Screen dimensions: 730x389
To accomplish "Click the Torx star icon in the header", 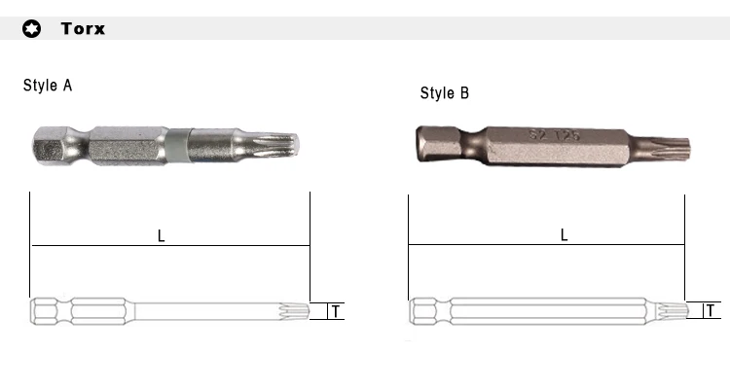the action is pos(32,29).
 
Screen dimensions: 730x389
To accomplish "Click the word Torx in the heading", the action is pos(83,28).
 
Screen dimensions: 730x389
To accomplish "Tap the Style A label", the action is pos(48,86).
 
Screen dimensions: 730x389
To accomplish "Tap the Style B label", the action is pos(445,92).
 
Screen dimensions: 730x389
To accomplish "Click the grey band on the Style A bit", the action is pos(179,145).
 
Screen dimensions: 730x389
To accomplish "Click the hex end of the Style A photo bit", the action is pos(50,145).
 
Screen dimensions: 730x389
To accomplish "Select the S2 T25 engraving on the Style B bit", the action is pos(555,135).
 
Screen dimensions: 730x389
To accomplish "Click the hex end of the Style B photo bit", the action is pos(439,144).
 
